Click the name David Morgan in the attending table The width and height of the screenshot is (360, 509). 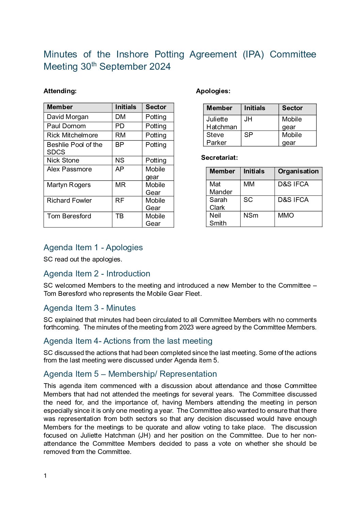[x=68, y=117]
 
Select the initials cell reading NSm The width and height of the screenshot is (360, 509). [x=251, y=216]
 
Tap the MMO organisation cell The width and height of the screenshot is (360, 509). [x=286, y=216]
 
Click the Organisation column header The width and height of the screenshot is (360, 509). [x=298, y=171]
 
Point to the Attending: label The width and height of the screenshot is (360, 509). [x=60, y=91]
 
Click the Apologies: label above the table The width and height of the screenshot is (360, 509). [x=213, y=91]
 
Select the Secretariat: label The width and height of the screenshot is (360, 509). [x=219, y=158]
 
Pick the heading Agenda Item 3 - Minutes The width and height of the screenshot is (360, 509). [x=89, y=308]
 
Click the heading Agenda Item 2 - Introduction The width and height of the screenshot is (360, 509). [x=97, y=274]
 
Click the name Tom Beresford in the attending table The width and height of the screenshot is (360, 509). [x=69, y=216]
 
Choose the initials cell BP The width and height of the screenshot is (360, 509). [x=119, y=145]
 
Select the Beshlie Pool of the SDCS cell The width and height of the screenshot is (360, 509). [x=75, y=148]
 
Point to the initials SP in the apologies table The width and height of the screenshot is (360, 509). [x=249, y=135]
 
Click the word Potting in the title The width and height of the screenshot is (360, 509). [x=169, y=54]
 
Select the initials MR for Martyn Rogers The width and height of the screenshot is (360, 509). [x=120, y=185]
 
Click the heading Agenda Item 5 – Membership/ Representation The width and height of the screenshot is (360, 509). [x=130, y=374]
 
